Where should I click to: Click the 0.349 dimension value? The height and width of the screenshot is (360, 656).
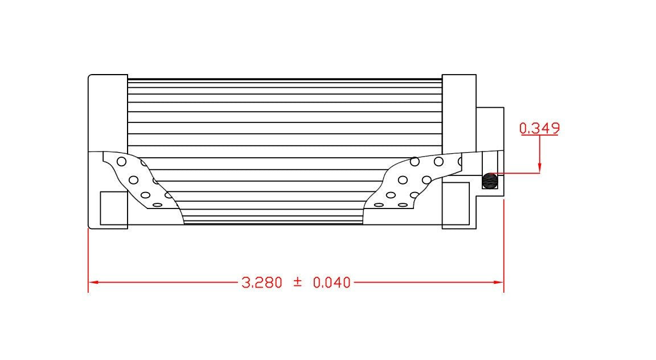(539, 128)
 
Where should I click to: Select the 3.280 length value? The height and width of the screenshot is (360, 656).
(262, 282)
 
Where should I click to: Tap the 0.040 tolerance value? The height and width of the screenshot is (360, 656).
(331, 282)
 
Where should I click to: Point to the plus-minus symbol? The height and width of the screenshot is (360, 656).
(297, 282)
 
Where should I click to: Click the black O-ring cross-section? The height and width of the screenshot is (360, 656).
(490, 181)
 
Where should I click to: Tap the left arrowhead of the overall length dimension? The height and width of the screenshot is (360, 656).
(93, 282)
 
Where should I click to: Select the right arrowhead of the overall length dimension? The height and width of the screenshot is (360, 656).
(499, 282)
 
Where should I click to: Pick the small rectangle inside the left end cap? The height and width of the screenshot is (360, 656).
(113, 207)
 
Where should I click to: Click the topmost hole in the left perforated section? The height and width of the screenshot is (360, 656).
(121, 161)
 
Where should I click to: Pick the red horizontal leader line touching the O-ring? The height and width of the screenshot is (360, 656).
(515, 173)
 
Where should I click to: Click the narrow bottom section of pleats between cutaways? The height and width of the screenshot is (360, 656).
(273, 218)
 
